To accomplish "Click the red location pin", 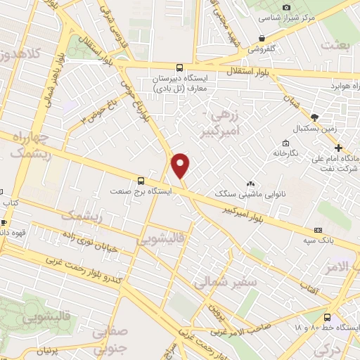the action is [181, 165].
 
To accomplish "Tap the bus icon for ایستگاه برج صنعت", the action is [141, 180].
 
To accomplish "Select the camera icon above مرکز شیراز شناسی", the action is [286, 7].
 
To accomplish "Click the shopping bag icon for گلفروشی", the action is [262, 39].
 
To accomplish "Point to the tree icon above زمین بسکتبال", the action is [314, 117].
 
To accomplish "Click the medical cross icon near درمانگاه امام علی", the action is [339, 148].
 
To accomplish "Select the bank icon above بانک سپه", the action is [318, 229].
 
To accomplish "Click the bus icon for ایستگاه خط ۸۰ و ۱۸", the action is [328, 317].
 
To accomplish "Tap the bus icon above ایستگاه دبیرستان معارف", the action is [179, 68].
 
